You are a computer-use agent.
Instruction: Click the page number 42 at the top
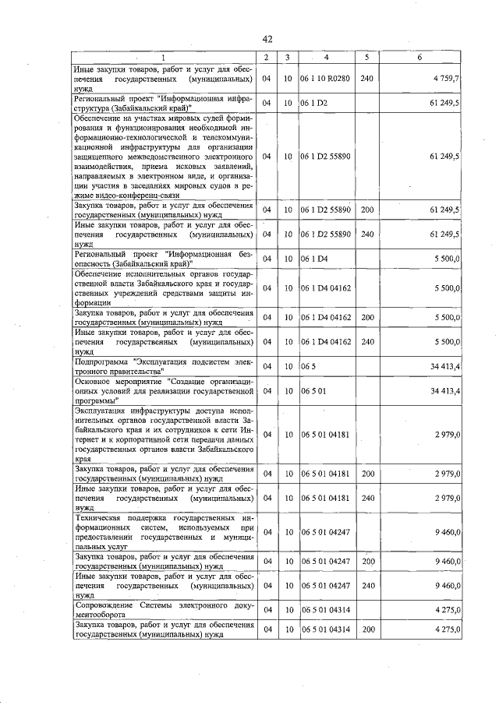tap(267, 40)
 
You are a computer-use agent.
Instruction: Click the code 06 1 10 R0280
tap(326, 79)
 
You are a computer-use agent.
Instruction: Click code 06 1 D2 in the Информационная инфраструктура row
tap(314, 103)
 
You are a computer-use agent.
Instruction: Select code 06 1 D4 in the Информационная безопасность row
tap(314, 258)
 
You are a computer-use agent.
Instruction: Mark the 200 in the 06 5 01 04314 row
tap(368, 629)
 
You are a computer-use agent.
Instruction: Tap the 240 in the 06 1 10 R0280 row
tap(368, 79)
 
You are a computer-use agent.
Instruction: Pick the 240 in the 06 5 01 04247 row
tap(368, 583)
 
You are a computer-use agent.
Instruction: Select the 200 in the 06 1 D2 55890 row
tap(368, 210)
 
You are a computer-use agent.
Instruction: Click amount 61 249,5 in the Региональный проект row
tap(445, 103)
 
